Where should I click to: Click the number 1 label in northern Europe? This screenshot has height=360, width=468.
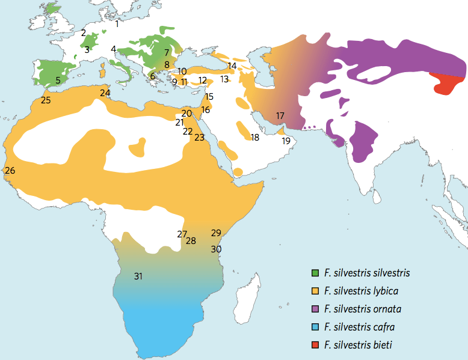(x=117, y=24)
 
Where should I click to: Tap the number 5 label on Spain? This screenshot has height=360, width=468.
(x=58, y=80)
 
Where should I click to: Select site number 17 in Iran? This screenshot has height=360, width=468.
(x=280, y=115)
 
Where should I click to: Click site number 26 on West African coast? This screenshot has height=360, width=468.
(x=10, y=171)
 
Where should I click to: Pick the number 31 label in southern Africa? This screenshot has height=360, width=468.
(x=138, y=276)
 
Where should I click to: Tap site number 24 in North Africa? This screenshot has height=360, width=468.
(x=105, y=93)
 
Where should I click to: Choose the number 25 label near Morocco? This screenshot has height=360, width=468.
(x=46, y=100)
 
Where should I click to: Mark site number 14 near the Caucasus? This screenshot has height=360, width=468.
(x=232, y=66)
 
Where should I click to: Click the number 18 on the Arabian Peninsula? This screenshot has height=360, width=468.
(x=255, y=138)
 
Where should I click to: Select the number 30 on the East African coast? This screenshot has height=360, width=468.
(x=216, y=249)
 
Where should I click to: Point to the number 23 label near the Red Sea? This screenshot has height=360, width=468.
(x=200, y=138)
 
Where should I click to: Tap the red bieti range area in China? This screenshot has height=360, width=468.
(x=448, y=86)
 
